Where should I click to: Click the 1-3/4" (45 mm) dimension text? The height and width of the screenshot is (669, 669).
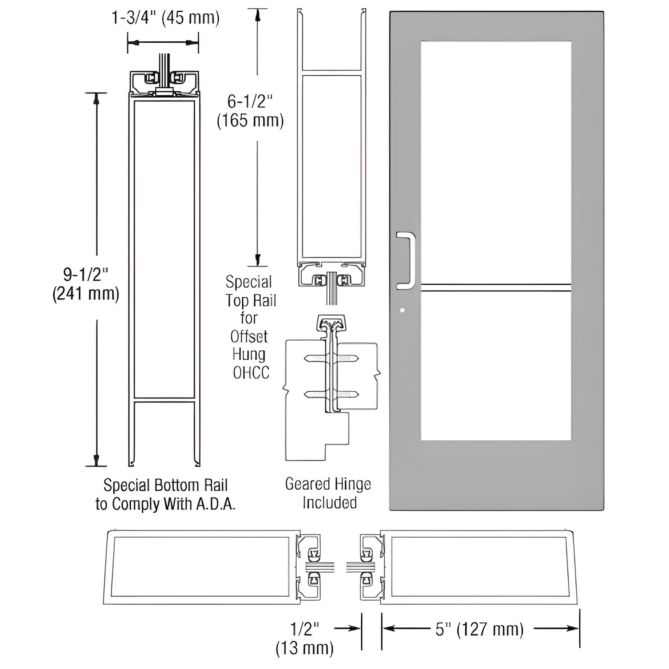165,18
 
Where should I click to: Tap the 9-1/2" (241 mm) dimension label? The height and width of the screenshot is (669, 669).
86,284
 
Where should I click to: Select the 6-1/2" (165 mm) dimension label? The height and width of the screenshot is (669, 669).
250,111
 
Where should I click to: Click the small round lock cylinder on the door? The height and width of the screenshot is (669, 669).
402,310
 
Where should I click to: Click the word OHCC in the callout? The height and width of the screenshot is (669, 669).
251,373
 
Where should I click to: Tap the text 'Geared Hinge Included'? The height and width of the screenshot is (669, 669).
328,493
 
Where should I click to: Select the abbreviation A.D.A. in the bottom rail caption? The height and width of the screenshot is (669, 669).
216,505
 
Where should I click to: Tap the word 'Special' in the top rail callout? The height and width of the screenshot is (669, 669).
249,282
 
